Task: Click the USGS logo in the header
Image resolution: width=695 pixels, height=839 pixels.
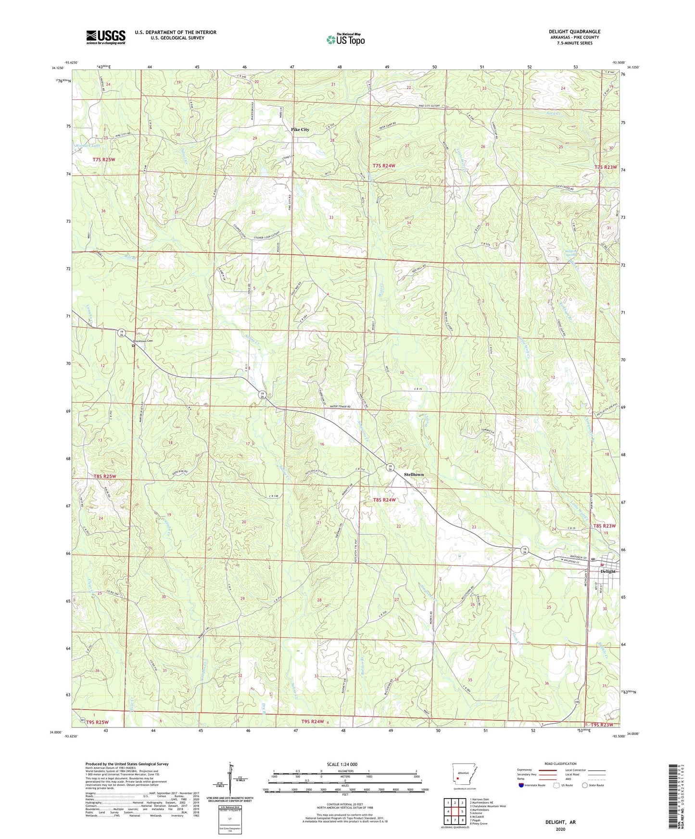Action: (x=106, y=37)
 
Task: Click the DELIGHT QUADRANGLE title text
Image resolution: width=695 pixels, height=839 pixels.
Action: (x=574, y=32)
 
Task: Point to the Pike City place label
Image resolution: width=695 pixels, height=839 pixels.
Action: (x=300, y=130)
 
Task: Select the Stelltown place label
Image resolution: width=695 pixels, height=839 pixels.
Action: (x=414, y=474)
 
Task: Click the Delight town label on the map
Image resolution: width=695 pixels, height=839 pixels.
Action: (x=608, y=571)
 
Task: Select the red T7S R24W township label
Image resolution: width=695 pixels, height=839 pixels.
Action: (x=384, y=166)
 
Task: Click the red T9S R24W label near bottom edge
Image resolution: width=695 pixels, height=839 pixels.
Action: (x=313, y=721)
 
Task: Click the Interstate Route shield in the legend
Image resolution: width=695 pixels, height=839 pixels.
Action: (x=521, y=785)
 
